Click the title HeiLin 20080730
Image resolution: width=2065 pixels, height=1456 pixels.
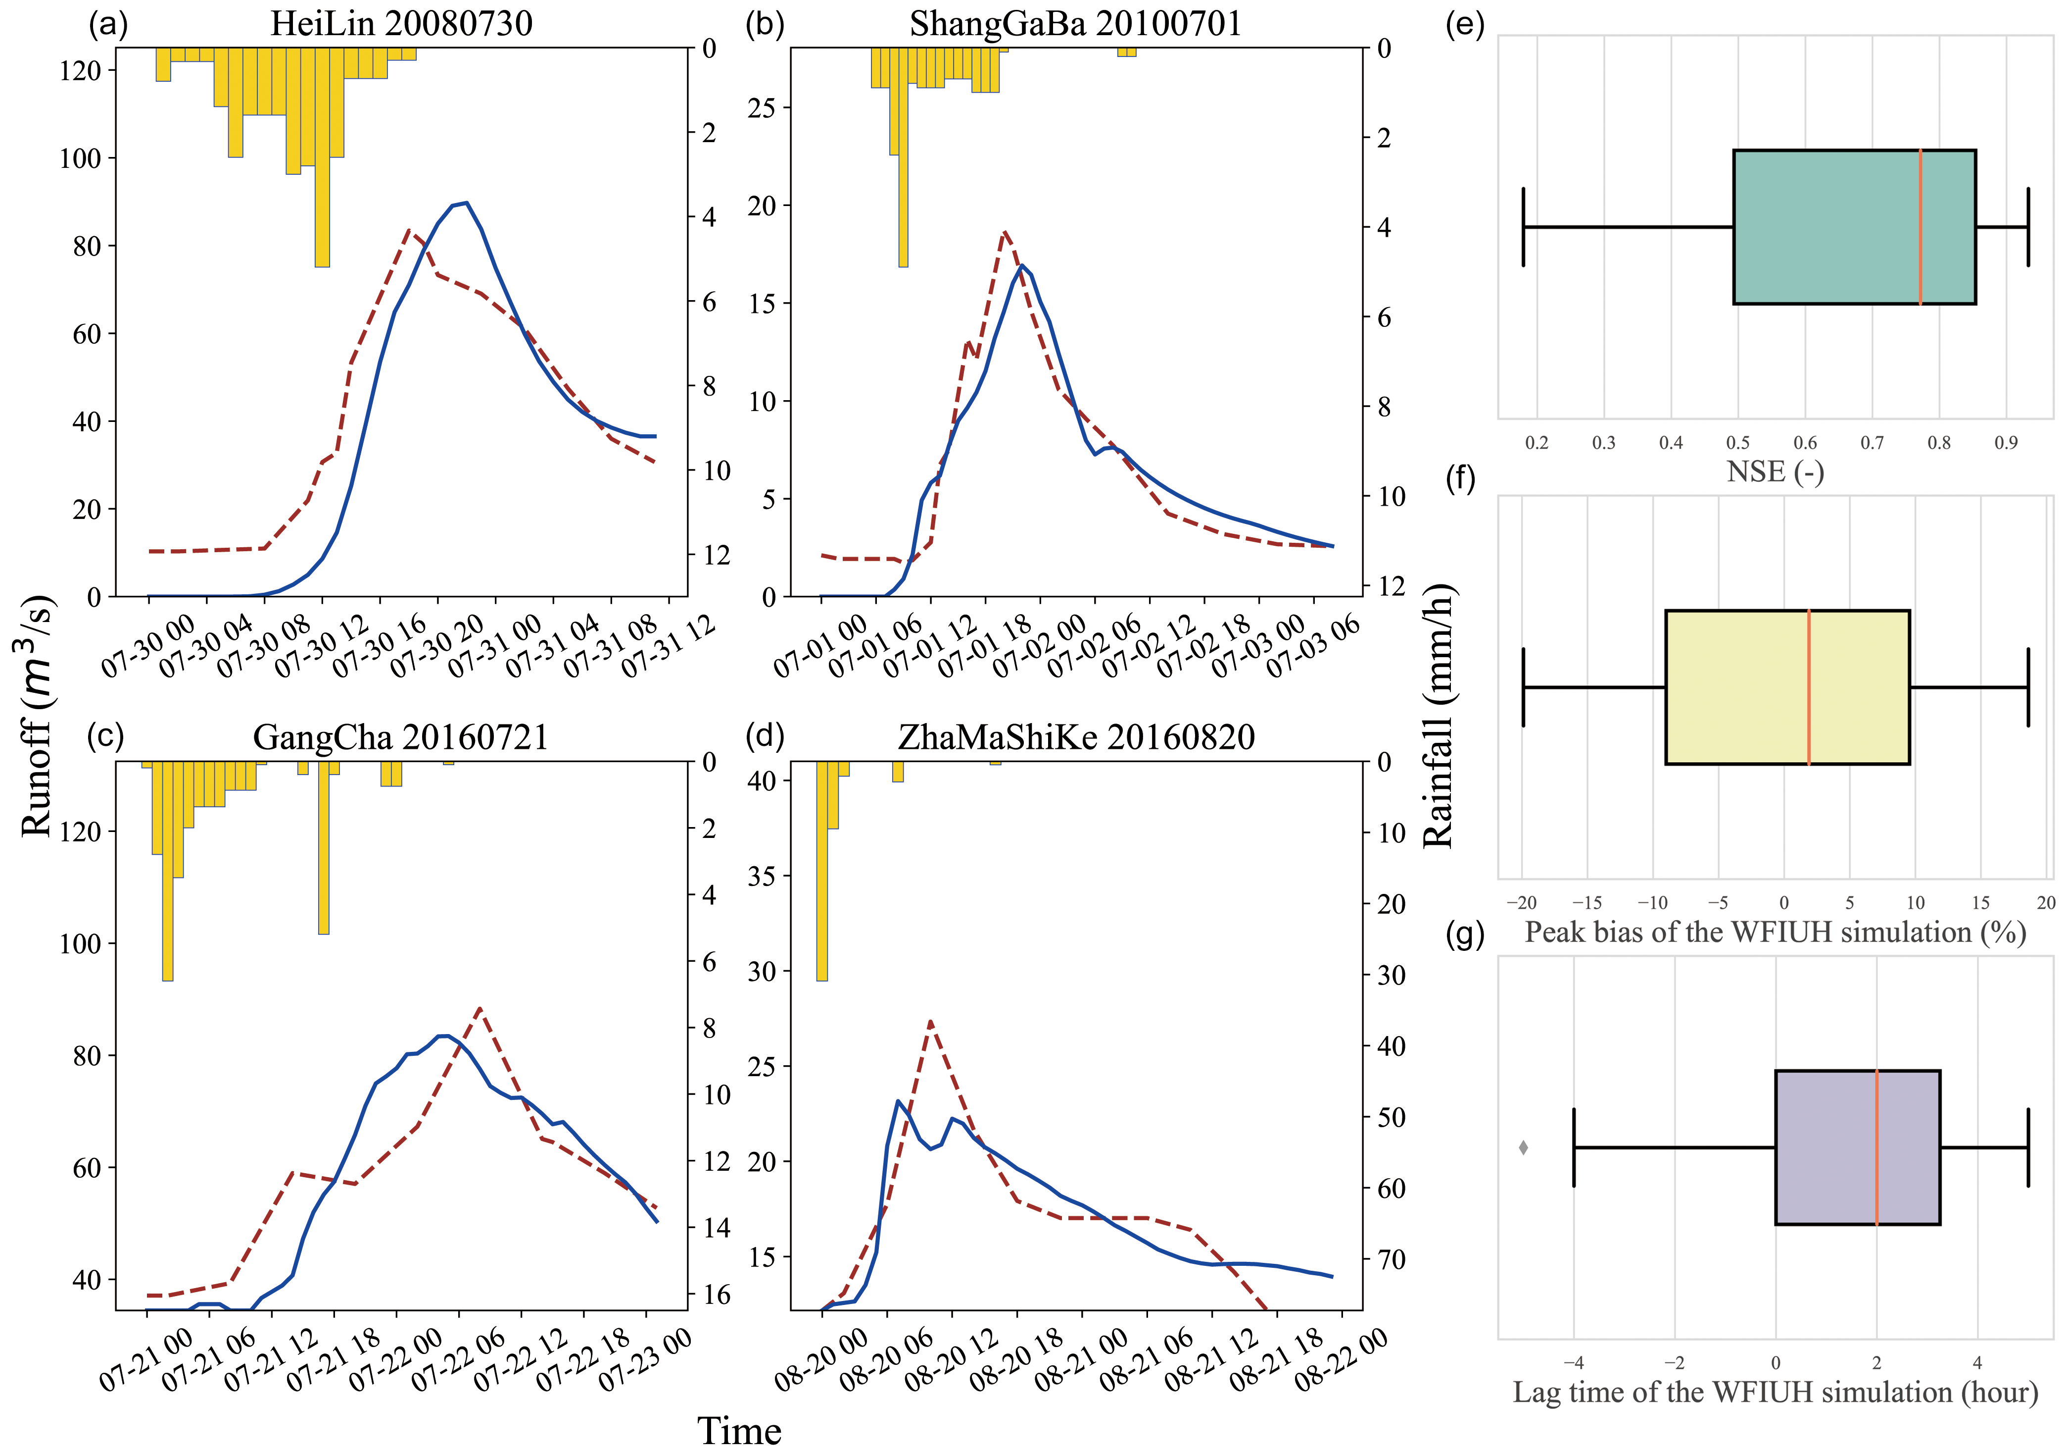coord(401,23)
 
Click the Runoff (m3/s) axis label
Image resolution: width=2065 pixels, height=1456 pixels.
coord(37,716)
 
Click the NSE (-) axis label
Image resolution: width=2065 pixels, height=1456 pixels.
coord(1775,471)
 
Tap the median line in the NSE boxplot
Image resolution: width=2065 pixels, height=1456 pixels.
coord(1920,227)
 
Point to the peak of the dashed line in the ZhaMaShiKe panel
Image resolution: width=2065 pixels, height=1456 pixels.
coord(930,1021)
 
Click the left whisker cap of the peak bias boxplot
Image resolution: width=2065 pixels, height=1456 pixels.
coord(1524,687)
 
